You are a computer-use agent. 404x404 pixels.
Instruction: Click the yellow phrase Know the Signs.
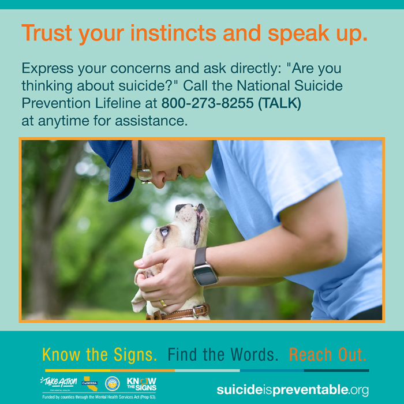[x=99, y=354]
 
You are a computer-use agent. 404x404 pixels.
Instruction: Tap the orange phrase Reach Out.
[x=328, y=354]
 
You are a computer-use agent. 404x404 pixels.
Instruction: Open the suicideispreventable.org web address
[x=293, y=390]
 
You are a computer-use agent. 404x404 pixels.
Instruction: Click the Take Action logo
[x=59, y=383]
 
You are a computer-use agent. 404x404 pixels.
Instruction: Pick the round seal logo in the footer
[x=113, y=383]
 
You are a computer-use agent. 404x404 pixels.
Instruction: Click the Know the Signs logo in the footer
[x=141, y=383]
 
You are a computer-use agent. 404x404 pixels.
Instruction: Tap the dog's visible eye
[x=164, y=231]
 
